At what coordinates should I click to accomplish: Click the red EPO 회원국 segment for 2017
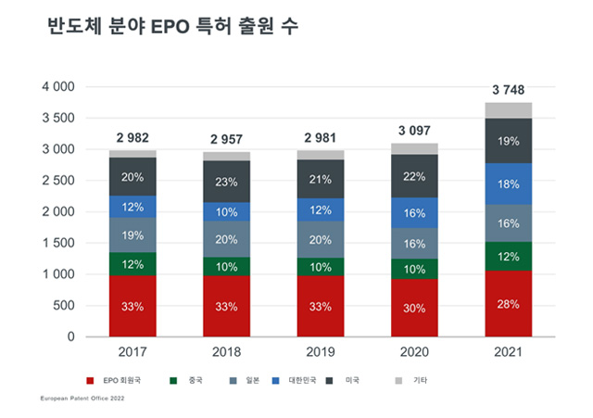pos(132,305)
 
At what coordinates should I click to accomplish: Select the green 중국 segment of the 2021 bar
pos(508,257)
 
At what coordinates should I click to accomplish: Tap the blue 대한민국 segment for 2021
pos(508,184)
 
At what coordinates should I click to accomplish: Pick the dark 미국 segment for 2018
pos(226,182)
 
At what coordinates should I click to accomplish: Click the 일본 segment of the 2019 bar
pos(320,239)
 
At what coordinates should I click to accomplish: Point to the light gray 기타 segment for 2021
pos(508,110)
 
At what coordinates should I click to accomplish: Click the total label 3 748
pos(508,89)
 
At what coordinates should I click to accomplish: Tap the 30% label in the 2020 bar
pos(414,307)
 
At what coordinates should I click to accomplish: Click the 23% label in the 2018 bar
pos(226,183)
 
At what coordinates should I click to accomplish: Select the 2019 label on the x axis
pos(320,353)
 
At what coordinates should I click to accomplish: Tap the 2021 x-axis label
pos(508,353)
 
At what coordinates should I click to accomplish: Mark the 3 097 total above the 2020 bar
pos(414,131)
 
